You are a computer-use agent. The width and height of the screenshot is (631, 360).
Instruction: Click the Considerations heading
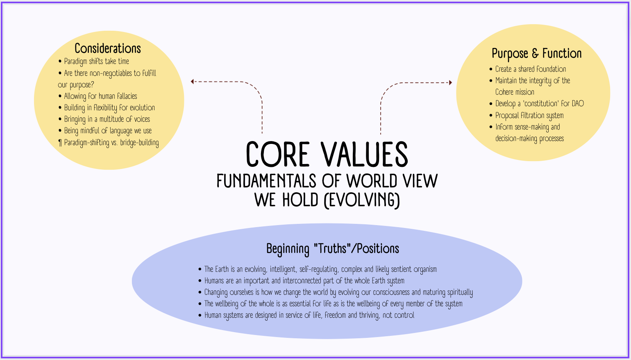108,48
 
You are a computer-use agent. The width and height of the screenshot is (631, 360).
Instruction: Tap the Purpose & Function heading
536,54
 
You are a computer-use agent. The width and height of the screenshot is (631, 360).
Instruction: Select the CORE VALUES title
327,155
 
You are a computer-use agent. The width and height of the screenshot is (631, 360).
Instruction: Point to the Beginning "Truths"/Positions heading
333,248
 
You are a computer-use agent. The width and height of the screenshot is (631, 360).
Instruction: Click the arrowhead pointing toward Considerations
192,82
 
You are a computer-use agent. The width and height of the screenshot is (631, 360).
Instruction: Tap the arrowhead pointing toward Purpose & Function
450,82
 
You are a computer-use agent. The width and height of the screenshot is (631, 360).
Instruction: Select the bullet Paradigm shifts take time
96,62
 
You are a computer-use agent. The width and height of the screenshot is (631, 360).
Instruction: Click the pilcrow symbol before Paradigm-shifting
60,143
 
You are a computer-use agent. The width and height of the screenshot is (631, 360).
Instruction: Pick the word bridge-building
139,143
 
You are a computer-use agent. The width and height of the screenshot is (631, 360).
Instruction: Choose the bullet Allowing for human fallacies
100,96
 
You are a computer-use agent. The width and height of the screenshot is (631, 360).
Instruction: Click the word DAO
578,104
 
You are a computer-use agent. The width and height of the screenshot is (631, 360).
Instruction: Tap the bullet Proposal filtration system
529,116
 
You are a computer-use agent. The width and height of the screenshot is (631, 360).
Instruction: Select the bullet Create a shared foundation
531,69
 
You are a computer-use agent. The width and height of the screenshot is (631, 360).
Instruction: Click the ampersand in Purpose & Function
535,54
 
